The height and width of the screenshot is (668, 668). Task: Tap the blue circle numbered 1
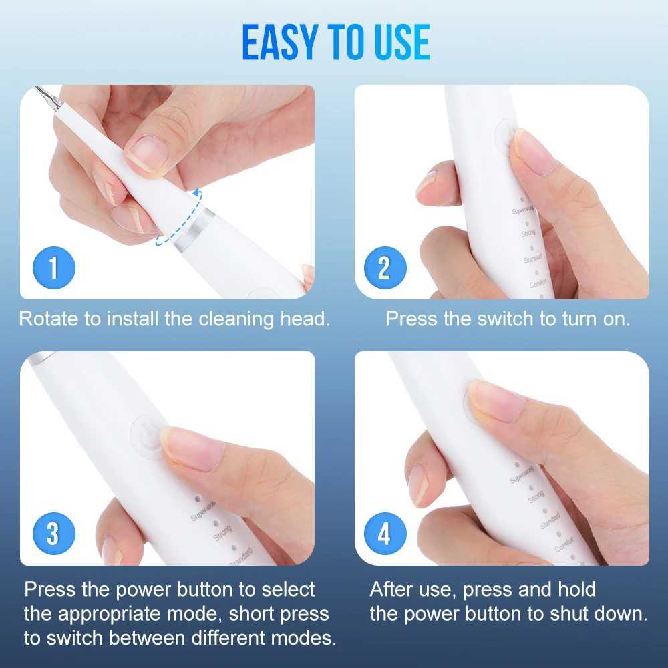53,268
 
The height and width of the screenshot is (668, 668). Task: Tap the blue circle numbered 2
383,268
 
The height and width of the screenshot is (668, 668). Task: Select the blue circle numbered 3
53,534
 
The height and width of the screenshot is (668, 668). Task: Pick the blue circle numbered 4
383,534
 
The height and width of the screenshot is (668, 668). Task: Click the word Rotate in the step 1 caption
49,319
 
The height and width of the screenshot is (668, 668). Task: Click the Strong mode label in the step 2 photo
528,233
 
